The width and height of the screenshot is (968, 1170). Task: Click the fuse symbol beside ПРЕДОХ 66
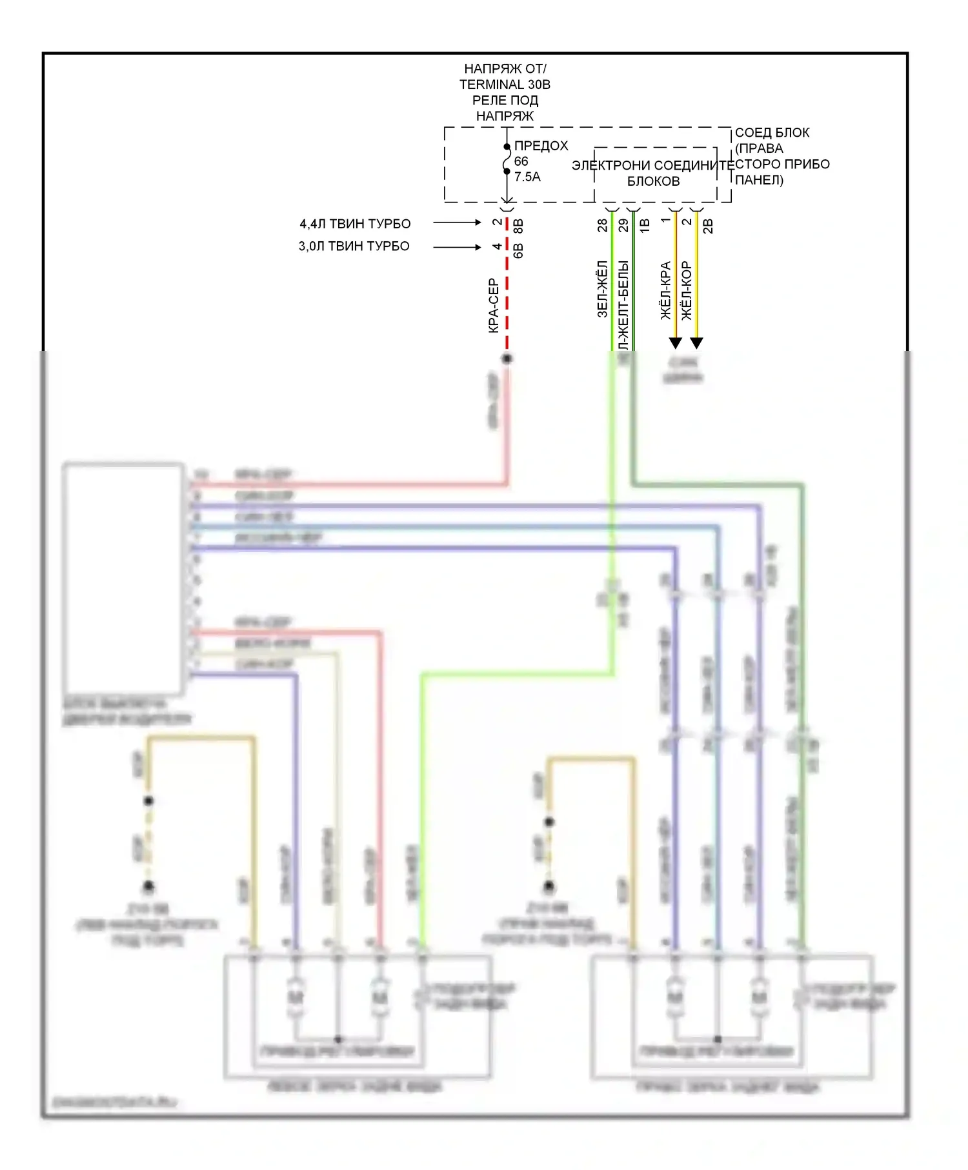[507, 159]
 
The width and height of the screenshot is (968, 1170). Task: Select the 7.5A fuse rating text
[527, 177]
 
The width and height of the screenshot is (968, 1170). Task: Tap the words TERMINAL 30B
[505, 84]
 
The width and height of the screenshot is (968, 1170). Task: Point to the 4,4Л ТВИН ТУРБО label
[355, 224]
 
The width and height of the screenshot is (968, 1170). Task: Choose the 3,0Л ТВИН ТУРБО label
[354, 246]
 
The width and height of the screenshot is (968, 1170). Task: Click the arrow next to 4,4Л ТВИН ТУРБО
[457, 223]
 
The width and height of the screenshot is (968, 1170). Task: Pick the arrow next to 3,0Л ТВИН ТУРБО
[457, 247]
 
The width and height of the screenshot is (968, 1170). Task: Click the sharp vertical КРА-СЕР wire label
[494, 305]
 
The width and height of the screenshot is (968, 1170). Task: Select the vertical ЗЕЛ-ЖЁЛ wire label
[603, 288]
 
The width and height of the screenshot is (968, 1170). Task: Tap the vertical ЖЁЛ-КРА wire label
[666, 290]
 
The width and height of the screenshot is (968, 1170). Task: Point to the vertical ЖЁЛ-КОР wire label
[687, 290]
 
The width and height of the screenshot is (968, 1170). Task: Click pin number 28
[603, 225]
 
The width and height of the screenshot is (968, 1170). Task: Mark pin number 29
[623, 225]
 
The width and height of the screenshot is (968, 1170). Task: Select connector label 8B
[518, 226]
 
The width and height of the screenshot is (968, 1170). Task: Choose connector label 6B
[518, 251]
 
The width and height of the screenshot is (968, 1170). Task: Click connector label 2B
[708, 226]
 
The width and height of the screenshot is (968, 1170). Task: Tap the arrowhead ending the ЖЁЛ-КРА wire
[676, 342]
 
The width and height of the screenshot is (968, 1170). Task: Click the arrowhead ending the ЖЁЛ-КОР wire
[696, 342]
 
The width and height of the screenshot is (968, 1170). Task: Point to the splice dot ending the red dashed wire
[507, 359]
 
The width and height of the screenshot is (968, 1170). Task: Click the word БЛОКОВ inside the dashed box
[653, 181]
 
